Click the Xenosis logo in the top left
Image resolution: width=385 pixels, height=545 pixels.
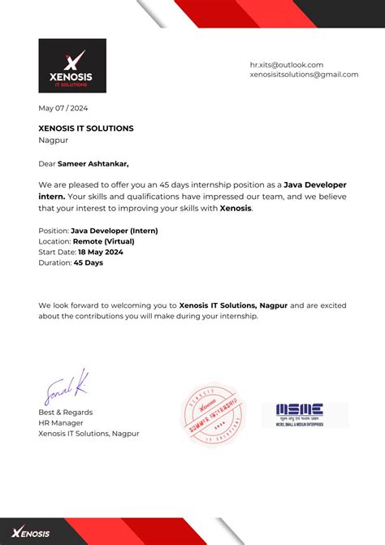(72, 66)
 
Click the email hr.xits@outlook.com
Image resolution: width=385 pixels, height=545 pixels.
(287, 64)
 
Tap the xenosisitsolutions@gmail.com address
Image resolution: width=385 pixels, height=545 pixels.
(304, 75)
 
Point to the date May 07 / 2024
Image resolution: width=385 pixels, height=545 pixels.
(63, 108)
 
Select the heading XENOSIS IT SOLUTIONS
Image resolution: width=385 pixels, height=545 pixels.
(86, 128)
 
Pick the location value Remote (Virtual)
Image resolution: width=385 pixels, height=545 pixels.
(104, 241)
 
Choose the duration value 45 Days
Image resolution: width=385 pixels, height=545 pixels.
(89, 262)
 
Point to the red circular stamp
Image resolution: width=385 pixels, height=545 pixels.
(213, 413)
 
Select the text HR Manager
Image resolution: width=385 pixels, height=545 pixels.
(62, 422)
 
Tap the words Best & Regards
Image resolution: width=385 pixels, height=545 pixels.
(66, 412)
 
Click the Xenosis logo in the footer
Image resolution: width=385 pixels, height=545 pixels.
(31, 533)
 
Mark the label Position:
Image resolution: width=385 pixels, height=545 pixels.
(54, 231)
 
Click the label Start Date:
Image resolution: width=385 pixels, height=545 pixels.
(58, 252)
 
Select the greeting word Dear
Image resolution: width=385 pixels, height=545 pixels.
(47, 163)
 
